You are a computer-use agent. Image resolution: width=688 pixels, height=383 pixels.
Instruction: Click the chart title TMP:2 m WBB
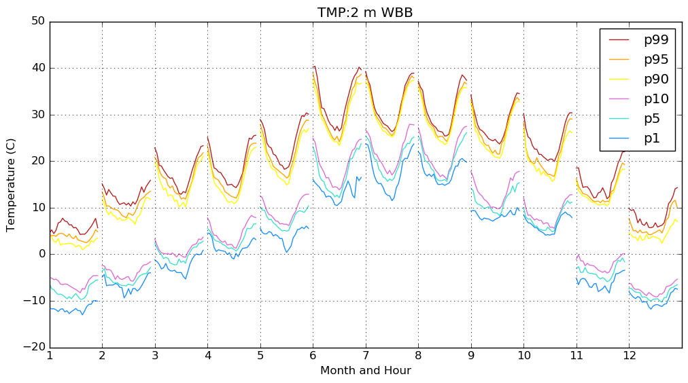click(x=365, y=13)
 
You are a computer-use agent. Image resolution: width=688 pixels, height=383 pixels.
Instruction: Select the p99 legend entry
click(x=656, y=39)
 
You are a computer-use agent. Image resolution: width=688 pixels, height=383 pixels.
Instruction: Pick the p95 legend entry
click(x=656, y=59)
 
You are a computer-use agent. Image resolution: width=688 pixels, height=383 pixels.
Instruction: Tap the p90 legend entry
click(x=656, y=79)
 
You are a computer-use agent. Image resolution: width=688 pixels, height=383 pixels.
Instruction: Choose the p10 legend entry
click(x=656, y=98)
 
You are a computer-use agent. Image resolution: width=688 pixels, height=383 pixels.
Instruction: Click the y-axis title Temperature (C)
click(x=12, y=184)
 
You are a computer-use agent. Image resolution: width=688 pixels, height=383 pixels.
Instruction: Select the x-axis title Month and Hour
click(x=365, y=371)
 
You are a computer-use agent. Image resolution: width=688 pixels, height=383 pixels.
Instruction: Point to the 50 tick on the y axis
click(x=38, y=21)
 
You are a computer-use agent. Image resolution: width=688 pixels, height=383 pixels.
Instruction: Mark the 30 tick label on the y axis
click(x=38, y=114)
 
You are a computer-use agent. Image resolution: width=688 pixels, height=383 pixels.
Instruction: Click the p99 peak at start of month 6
click(x=315, y=67)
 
